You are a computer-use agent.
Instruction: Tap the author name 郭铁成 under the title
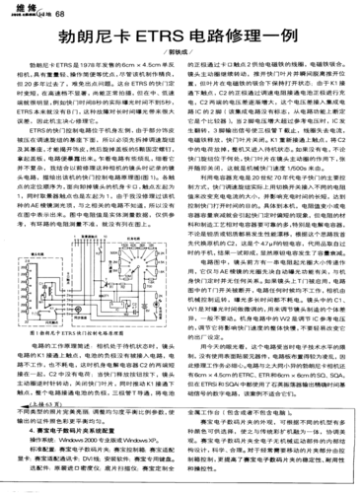180,60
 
